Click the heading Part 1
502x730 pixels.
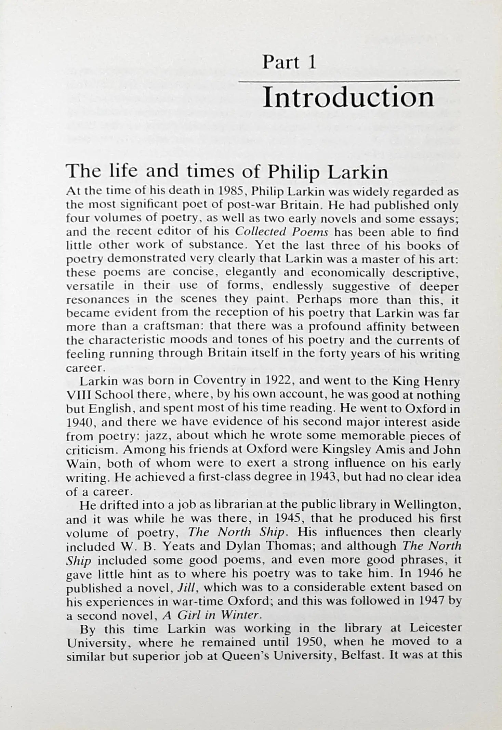coord(289,63)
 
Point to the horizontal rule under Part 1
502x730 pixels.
coord(348,81)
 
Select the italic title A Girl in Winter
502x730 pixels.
coord(212,615)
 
